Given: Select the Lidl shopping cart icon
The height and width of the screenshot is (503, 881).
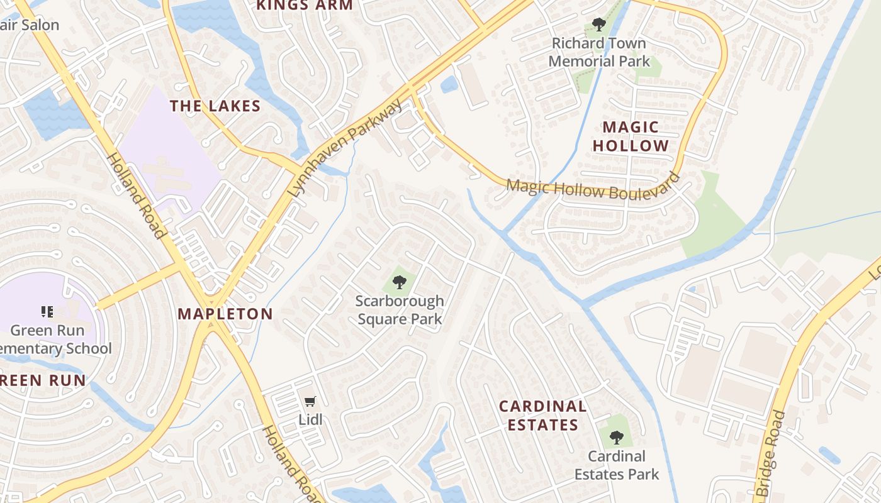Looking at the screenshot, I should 310,401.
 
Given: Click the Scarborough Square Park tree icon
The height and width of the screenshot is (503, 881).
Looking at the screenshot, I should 399,282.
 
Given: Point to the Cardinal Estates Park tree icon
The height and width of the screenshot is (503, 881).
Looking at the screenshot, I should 616,437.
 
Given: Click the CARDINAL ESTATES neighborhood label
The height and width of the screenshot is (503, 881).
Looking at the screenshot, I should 542,416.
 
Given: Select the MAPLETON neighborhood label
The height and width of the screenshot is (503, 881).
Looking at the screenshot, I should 225,314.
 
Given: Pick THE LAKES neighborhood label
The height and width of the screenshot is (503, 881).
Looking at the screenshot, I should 215,106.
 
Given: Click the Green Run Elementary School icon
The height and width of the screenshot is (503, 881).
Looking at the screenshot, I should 47,311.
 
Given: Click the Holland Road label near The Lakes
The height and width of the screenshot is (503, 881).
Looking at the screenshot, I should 137,196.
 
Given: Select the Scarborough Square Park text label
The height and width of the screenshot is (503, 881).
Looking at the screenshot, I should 400,310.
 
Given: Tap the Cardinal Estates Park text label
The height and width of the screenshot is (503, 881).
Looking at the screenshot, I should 616,465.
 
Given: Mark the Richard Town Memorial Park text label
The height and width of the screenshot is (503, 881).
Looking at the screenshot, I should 599,52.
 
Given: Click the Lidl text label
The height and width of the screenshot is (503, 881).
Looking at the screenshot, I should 310,419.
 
